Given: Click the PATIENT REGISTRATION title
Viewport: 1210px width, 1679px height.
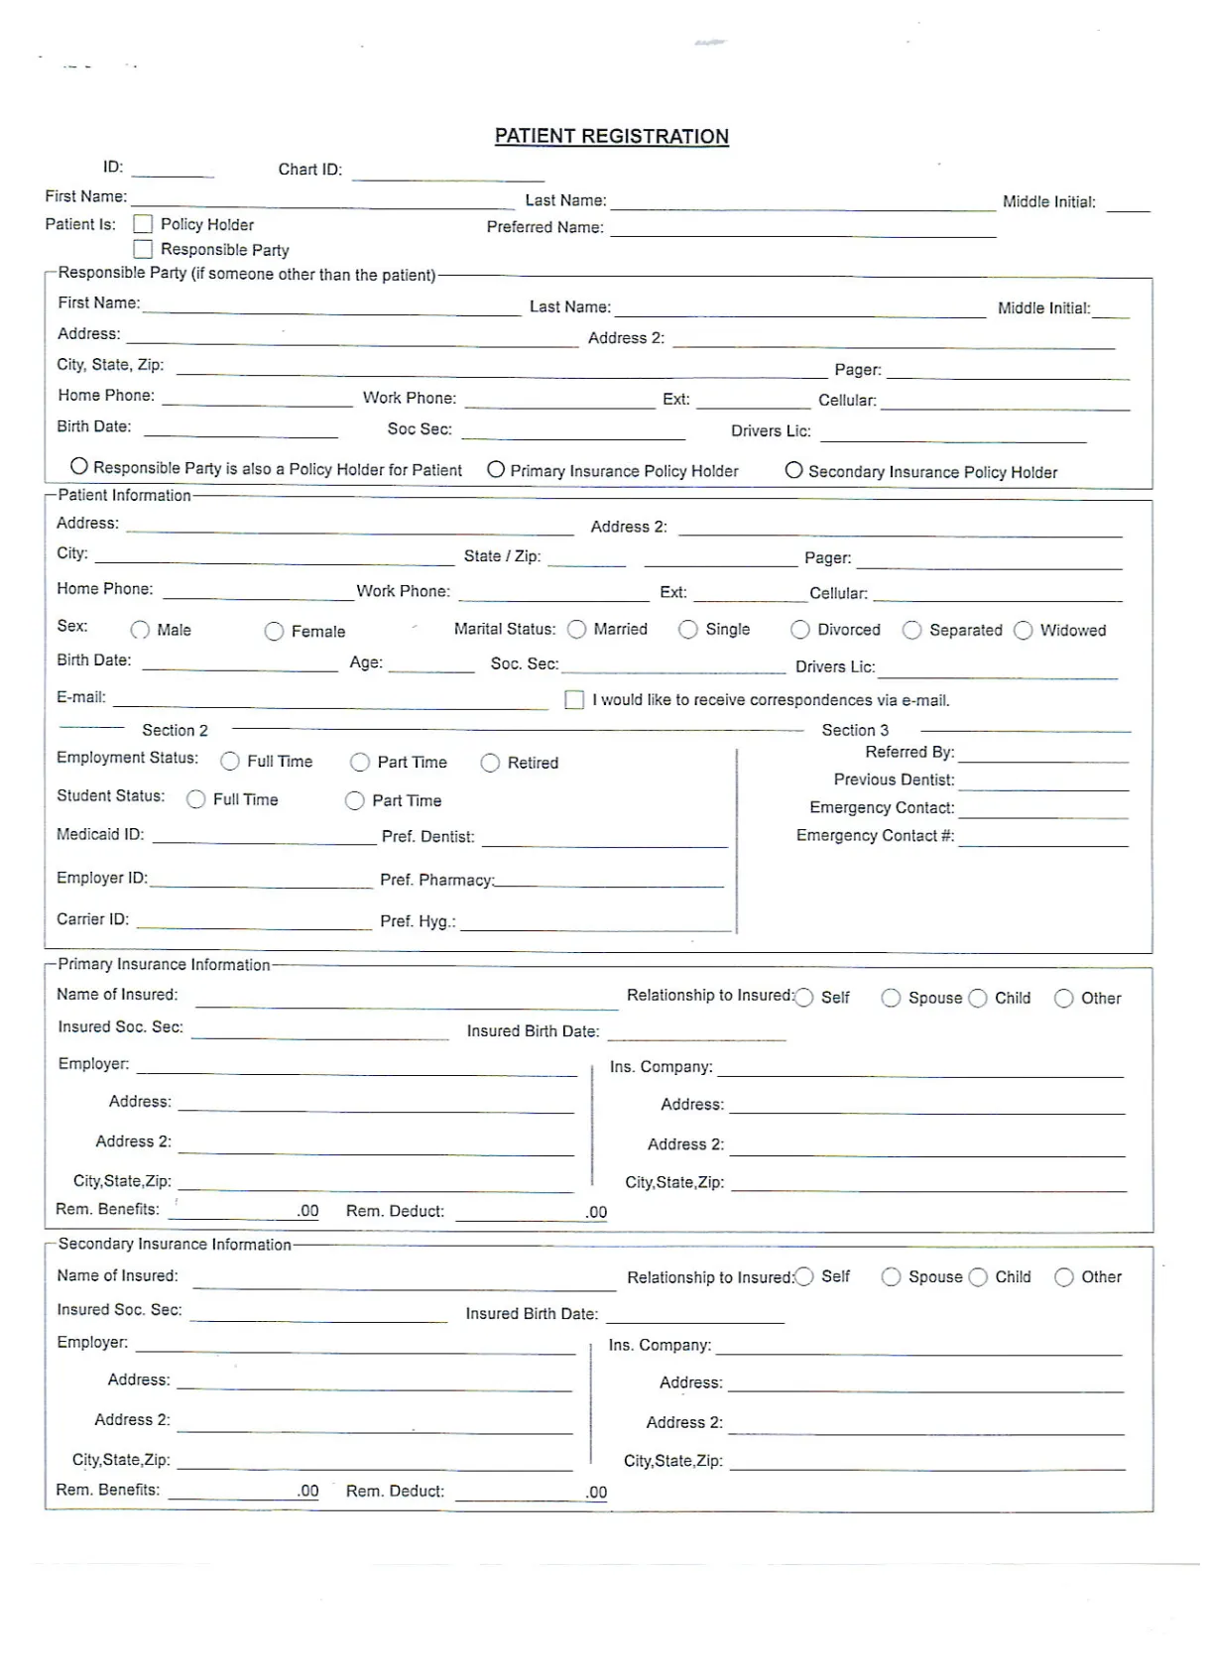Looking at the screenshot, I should [611, 137].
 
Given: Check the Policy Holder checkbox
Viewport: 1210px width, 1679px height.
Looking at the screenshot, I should [143, 224].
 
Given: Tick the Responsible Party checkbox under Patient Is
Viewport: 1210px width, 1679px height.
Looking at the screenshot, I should [143, 249].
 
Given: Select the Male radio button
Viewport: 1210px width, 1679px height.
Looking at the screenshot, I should [140, 630].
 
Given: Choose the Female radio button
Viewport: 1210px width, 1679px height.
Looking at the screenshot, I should [274, 632].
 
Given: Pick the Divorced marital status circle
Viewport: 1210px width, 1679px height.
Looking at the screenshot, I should [799, 630].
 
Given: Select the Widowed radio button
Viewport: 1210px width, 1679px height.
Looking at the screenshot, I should [1023, 631].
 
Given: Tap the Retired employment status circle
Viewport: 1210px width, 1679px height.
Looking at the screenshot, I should [490, 763].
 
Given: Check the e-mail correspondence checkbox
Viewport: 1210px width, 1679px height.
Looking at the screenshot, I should [574, 700].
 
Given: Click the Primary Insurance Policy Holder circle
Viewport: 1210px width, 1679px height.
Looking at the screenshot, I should [496, 470].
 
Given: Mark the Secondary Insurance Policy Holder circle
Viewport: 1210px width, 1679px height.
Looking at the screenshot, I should [793, 470].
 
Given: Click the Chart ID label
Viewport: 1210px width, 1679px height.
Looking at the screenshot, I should [309, 170].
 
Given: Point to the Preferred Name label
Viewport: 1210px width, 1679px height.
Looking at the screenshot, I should [544, 227].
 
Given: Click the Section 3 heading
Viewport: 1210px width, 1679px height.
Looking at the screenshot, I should [855, 730].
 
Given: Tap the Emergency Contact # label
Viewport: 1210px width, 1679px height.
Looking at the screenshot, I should [875, 836].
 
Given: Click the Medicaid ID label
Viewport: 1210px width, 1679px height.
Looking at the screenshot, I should [100, 835].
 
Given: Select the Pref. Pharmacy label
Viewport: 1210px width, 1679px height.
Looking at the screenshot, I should [436, 881].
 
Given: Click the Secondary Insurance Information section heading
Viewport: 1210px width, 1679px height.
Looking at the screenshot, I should [175, 1245].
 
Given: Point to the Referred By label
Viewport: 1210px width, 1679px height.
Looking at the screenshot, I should [909, 753].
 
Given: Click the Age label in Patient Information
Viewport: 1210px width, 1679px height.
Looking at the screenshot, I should [366, 662].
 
